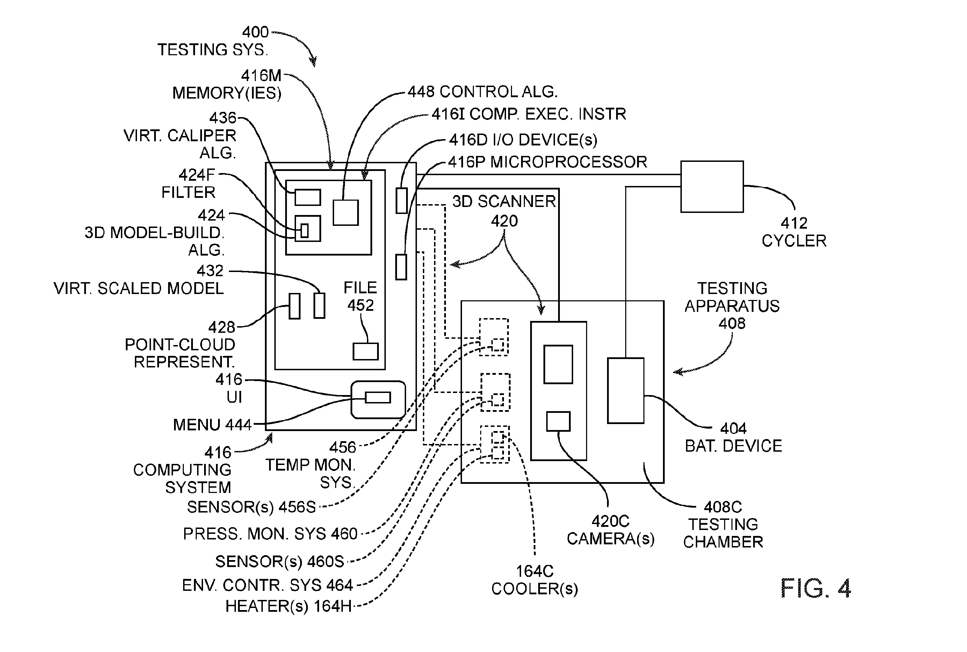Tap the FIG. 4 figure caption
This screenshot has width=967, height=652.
(x=816, y=588)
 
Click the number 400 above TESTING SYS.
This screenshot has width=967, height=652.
(x=255, y=32)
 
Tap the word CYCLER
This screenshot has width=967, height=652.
(x=794, y=241)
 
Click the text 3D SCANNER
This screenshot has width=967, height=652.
(x=504, y=201)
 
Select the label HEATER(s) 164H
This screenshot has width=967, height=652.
(x=288, y=606)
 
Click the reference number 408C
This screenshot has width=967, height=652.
(x=723, y=507)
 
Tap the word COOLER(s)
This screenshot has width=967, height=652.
(x=534, y=589)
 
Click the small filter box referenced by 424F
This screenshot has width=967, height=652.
(x=305, y=230)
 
